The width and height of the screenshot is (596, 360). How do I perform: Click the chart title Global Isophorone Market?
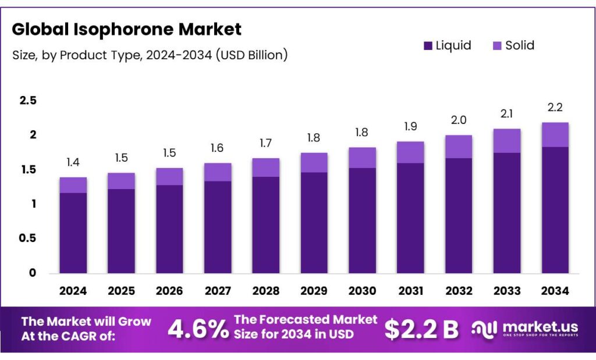coord(126,29)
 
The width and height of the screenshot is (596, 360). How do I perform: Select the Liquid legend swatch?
coord(428,45)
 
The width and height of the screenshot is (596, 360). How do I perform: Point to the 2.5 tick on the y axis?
coord(27,101)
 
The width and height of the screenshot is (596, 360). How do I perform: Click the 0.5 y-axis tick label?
coord(27,238)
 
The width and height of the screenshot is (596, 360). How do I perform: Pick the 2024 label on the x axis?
coord(73,291)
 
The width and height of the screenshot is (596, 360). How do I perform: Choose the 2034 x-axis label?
coord(555,291)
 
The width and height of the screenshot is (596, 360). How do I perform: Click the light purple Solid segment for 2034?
coord(555,135)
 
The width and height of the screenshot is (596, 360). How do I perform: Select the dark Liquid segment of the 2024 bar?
coord(73,233)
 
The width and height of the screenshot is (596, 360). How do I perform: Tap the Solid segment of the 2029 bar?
coord(314,163)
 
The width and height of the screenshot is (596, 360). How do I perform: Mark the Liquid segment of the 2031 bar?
coord(410,218)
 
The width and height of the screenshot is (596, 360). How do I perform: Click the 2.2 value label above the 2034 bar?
coord(555,108)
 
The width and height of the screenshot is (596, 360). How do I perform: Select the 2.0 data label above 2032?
coord(459,120)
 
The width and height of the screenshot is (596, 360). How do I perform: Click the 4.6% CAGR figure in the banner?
coord(198,329)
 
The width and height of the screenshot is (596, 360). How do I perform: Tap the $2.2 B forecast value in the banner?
coord(421,329)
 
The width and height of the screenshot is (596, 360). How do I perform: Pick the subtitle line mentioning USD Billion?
coord(150,55)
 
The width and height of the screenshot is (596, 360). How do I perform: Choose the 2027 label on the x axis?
coord(218,291)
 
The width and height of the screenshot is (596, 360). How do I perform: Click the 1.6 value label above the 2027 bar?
coord(218,148)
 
